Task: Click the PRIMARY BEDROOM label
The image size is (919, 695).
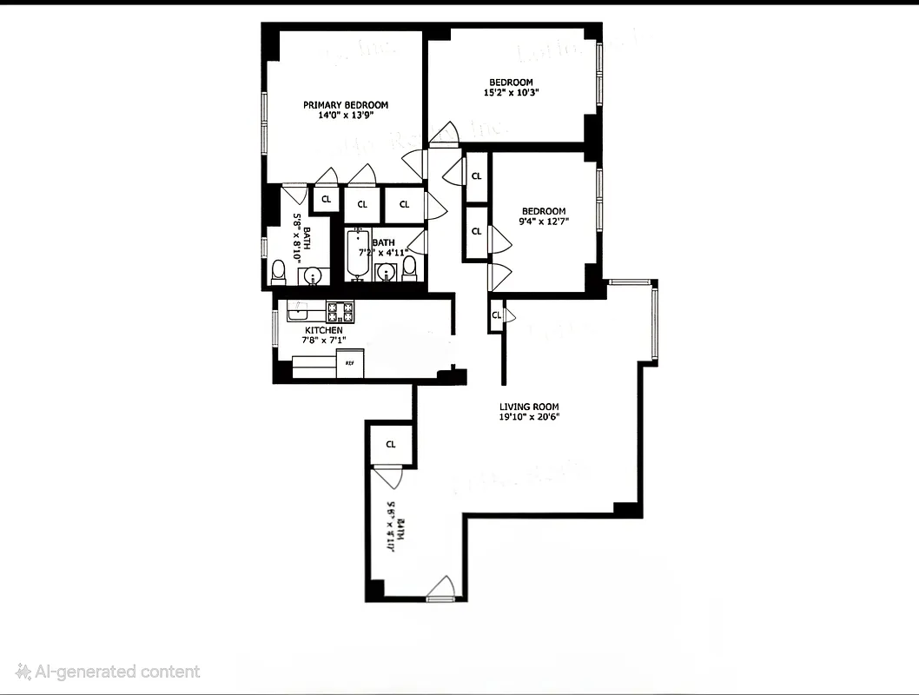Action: [345, 105]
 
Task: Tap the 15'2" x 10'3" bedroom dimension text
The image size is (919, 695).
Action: [512, 93]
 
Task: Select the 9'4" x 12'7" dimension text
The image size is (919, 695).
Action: [543, 222]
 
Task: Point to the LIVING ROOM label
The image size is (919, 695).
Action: [528, 407]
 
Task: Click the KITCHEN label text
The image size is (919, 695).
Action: [323, 331]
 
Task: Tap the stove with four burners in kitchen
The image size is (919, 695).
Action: [340, 309]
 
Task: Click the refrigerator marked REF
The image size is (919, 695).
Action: [350, 363]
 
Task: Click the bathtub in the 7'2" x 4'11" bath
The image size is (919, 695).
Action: [357, 253]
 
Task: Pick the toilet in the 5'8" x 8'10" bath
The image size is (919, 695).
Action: [279, 273]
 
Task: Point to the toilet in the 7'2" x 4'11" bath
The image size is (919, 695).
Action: [409, 269]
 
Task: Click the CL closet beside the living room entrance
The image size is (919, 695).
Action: [496, 315]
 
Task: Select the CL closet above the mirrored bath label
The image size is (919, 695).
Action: [391, 445]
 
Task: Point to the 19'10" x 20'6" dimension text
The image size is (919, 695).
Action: [529, 417]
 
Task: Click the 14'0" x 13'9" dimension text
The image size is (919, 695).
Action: [345, 116]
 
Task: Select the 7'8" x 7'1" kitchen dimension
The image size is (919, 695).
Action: [324, 341]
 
